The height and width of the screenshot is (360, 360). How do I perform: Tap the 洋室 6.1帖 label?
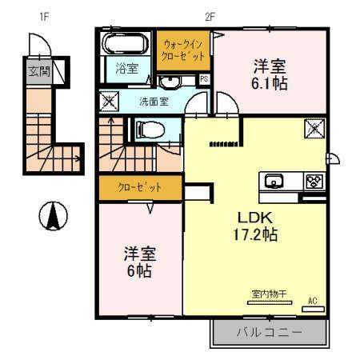pyautogui.click(x=270, y=74)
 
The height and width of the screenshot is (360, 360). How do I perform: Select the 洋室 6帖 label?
pyautogui.click(x=139, y=262)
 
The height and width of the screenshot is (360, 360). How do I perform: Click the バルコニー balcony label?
pyautogui.click(x=269, y=331)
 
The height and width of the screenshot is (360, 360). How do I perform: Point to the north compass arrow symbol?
pyautogui.click(x=53, y=214)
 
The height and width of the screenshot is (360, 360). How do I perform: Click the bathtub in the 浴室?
pyautogui.click(x=126, y=43)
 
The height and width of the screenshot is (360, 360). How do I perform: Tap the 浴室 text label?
pyautogui.click(x=126, y=69)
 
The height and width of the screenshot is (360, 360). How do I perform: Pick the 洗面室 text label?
pyautogui.click(x=153, y=102)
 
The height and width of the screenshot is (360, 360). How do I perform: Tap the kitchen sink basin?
pyautogui.click(x=274, y=181)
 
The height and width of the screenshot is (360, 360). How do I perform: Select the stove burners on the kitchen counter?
pyautogui.click(x=313, y=181)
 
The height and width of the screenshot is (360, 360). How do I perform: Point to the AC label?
pyautogui.click(x=313, y=301)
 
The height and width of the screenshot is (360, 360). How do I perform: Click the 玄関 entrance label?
pyautogui.click(x=38, y=71)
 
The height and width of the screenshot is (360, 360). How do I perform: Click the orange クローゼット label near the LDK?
pyautogui.click(x=139, y=188)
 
